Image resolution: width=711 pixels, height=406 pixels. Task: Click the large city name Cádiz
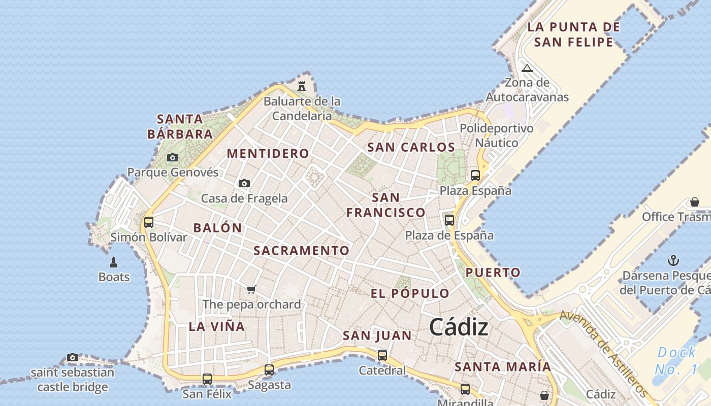tap(459, 327)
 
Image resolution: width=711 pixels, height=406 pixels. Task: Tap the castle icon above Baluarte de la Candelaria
tap(302, 86)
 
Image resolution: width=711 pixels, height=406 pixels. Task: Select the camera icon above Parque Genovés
tap(173, 157)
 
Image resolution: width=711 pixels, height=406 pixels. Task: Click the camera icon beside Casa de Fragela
tap(244, 183)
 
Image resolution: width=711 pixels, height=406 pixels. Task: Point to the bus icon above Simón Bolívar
tap(149, 222)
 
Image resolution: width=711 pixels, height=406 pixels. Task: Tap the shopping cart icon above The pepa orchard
tap(251, 289)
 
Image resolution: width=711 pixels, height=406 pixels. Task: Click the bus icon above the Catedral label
tap(382, 355)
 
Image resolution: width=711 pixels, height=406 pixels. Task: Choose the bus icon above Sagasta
tap(269, 369)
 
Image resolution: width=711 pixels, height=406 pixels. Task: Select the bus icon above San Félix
tap(207, 379)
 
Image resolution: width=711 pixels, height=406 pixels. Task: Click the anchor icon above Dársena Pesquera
tap(673, 261)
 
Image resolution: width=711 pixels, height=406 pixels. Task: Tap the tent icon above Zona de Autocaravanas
tap(527, 68)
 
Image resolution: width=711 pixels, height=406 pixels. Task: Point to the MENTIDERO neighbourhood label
tap(268, 153)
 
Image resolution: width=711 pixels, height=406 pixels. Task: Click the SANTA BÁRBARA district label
tap(180, 126)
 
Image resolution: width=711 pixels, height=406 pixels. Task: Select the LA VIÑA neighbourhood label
tap(217, 326)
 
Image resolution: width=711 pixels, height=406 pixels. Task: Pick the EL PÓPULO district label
tap(410, 293)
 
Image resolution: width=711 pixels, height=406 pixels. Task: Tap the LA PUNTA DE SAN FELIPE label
tap(573, 34)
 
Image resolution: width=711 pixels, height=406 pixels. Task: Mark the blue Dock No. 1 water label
tap(676, 360)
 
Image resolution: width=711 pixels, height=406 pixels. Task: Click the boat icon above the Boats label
tap(114, 262)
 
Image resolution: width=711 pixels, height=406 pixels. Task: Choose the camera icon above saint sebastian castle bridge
tap(73, 357)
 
